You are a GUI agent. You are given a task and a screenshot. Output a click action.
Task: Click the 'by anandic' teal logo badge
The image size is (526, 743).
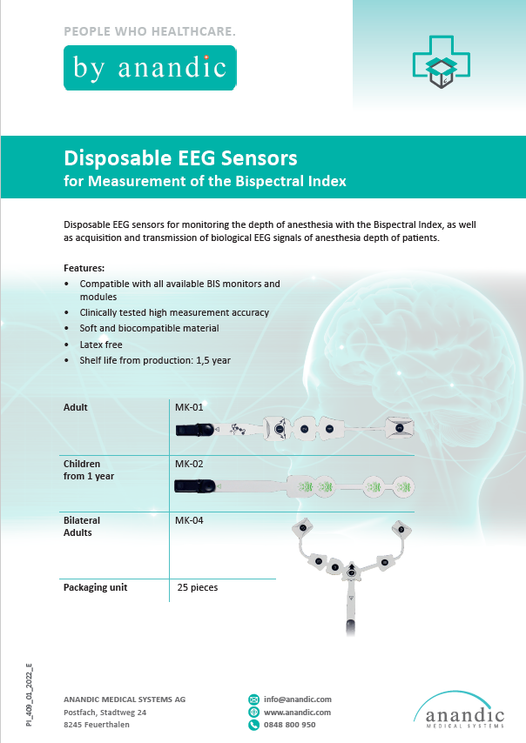click(x=150, y=68)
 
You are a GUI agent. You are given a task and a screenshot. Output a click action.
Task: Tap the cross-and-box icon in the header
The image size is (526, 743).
click(x=442, y=62)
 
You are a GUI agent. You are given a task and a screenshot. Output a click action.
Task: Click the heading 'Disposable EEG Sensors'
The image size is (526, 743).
click(x=180, y=158)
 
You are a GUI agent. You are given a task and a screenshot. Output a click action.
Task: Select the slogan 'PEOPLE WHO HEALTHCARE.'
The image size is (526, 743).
click(x=150, y=31)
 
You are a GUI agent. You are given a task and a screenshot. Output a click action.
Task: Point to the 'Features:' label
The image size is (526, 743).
click(x=84, y=268)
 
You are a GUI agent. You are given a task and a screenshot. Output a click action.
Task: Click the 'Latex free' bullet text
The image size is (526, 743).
click(x=101, y=345)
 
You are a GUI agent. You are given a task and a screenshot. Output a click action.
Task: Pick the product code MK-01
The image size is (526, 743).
click(x=189, y=407)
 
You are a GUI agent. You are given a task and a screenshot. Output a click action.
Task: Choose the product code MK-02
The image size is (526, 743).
click(x=189, y=464)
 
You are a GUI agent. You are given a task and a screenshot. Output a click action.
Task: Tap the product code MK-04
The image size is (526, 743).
click(x=189, y=519)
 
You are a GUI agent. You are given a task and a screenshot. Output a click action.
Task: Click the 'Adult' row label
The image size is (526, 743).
click(x=76, y=407)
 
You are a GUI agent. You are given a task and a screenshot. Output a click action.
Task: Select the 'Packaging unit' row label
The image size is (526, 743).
click(x=95, y=587)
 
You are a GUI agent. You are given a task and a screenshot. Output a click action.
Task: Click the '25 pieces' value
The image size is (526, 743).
click(x=198, y=587)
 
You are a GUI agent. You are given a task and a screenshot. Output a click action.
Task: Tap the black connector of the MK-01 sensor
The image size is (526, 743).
click(x=195, y=430)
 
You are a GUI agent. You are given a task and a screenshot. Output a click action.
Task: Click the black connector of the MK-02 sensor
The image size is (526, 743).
click(x=194, y=486)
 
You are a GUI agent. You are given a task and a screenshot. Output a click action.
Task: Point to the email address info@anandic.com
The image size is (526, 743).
click(x=297, y=699)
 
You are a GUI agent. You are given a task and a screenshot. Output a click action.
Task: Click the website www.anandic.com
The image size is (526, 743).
click(x=297, y=713)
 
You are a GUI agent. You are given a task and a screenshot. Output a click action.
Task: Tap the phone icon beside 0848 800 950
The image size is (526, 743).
click(x=253, y=725)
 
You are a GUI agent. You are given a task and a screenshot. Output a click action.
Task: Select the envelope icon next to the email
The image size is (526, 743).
click(x=253, y=699)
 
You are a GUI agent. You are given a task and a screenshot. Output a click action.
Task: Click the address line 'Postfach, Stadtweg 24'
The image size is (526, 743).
click(x=105, y=713)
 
